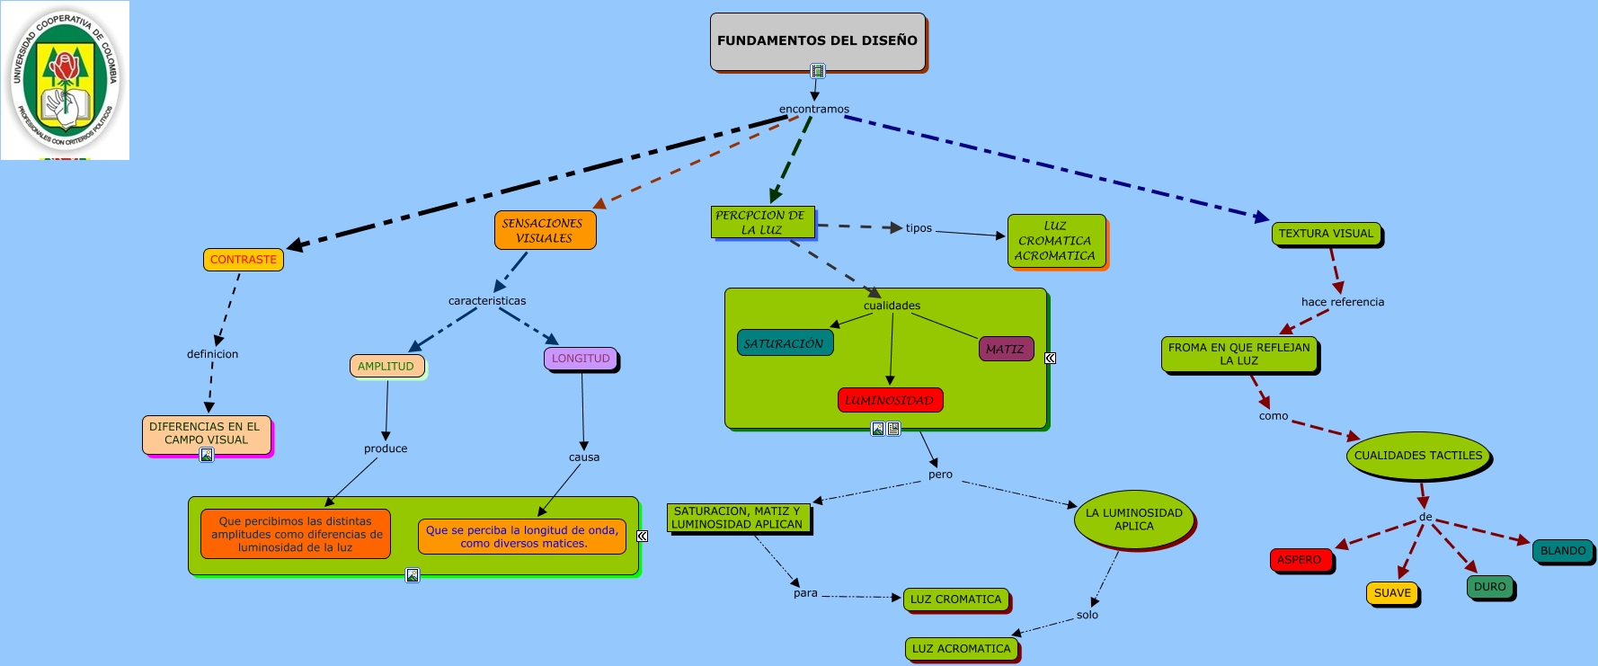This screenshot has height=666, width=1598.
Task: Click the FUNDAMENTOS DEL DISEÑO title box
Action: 817,40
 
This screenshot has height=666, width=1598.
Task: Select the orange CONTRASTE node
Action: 244,260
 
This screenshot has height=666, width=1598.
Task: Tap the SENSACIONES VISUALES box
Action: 545,231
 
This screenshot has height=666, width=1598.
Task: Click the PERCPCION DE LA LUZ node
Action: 762,223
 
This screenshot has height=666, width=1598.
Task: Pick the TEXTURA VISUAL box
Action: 1326,234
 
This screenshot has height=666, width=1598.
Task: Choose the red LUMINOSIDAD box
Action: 890,400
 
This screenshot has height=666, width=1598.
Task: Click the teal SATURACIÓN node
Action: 785,343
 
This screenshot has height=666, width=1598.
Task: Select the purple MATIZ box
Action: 1006,349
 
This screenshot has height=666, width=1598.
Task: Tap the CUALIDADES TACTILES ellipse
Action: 1418,456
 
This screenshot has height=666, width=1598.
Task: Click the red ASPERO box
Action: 1301,560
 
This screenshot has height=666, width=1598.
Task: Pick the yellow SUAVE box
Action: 1392,593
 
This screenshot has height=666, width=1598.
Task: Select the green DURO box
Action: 1489,587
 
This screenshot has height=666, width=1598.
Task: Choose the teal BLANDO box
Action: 1562,551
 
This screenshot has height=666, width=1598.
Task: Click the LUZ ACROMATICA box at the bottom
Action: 962,649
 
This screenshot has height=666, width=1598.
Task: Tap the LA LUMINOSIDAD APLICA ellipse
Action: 1134,519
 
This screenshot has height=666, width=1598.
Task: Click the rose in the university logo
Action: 64,67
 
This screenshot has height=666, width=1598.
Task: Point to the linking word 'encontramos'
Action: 814,110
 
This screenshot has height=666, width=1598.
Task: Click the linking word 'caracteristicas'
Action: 487,301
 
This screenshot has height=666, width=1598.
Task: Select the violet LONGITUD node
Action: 581,359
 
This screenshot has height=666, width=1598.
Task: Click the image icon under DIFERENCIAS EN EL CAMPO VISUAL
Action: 207,455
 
